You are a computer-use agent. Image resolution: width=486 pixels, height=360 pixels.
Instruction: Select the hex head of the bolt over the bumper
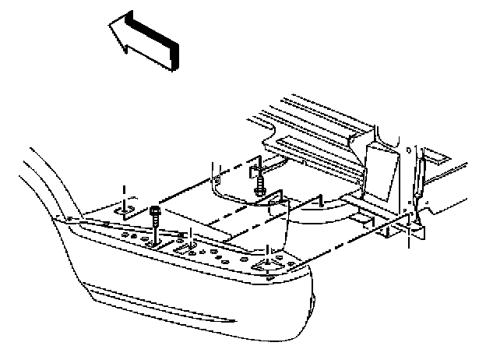click(x=154, y=211)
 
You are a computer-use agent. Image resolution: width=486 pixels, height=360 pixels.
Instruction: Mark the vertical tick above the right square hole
click(x=267, y=249)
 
